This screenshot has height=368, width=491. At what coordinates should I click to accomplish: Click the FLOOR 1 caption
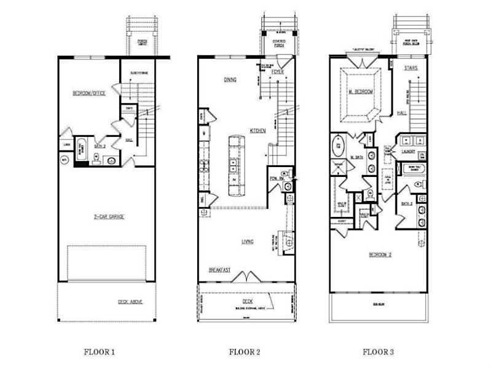coord(100,352)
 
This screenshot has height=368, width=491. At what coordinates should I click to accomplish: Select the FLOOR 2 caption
coord(245,352)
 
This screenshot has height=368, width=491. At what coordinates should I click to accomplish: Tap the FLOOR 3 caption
coord(379,352)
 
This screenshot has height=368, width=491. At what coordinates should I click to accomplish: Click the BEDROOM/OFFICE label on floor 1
coord(90,93)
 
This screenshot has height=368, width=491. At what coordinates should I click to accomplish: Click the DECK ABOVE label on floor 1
coord(130,301)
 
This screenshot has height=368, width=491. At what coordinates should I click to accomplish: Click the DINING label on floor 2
coord(230,79)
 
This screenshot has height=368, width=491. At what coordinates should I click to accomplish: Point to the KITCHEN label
coord(257,130)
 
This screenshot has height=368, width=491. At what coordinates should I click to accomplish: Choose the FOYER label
coord(277,72)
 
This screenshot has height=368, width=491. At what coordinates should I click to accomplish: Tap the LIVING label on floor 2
coord(247,241)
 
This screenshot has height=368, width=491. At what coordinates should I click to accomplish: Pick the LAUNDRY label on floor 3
coord(408,151)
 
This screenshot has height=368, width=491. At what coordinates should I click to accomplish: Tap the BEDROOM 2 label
coord(381,254)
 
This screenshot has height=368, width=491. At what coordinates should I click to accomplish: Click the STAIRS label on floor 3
coord(411,69)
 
